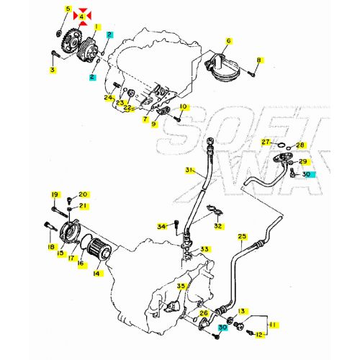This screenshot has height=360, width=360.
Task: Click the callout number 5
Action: tap(68, 9)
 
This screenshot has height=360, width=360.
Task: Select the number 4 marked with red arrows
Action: tap(83, 15)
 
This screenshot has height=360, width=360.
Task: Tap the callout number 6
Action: tap(228, 41)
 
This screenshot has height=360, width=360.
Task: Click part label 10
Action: tap(183, 107)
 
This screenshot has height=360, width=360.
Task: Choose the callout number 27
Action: tap(266, 142)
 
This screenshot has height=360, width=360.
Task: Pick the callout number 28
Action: tap(301, 145)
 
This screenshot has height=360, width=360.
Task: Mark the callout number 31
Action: tap(189, 171)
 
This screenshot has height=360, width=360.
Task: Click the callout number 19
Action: tap(53, 195)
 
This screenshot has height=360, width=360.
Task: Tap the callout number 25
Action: tap(242, 236)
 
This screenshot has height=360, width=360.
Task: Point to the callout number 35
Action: tap(181, 287)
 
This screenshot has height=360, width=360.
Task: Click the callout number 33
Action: tap(205, 249)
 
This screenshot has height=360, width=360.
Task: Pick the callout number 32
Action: tap(218, 226)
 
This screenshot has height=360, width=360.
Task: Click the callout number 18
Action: tap(51, 247)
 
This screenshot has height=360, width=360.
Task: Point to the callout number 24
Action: tap(109, 97)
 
